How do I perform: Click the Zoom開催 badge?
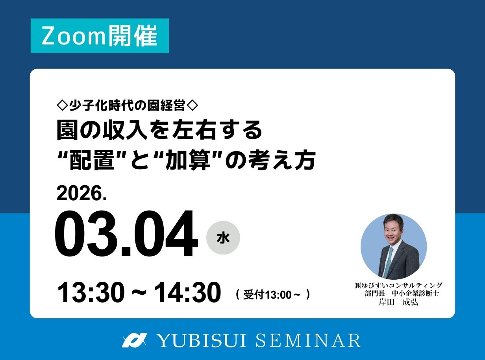click(100, 36)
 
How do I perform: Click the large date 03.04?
click(126, 235)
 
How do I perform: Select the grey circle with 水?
click(223, 238)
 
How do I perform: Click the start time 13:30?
click(90, 293)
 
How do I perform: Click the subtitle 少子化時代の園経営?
click(127, 105)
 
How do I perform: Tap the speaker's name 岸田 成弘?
click(398, 302)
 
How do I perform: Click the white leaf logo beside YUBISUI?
click(134, 340)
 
